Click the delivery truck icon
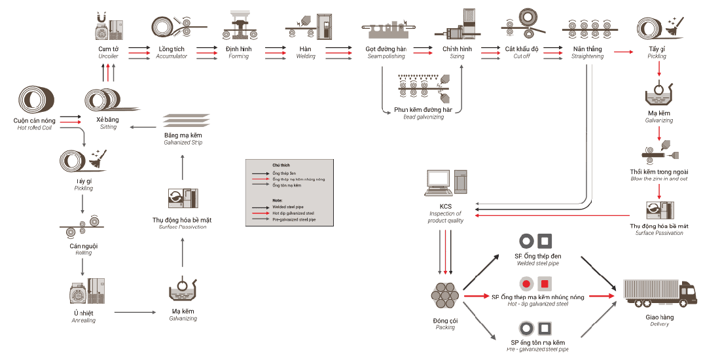(x=658, y=293)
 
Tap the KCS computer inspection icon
(x=446, y=183)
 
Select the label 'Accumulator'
(x=171, y=57)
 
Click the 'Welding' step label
(x=305, y=57)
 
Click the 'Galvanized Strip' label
(x=183, y=143)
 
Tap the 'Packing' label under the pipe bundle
(x=445, y=327)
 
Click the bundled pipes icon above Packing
(x=446, y=296)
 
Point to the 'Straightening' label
(x=587, y=57)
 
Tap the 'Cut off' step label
(x=522, y=57)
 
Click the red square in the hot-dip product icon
(x=544, y=284)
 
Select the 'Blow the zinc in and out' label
(x=659, y=179)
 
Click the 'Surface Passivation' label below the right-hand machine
(x=659, y=233)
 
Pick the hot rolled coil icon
(x=37, y=101)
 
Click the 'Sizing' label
(x=457, y=57)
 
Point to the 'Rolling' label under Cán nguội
(x=83, y=253)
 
